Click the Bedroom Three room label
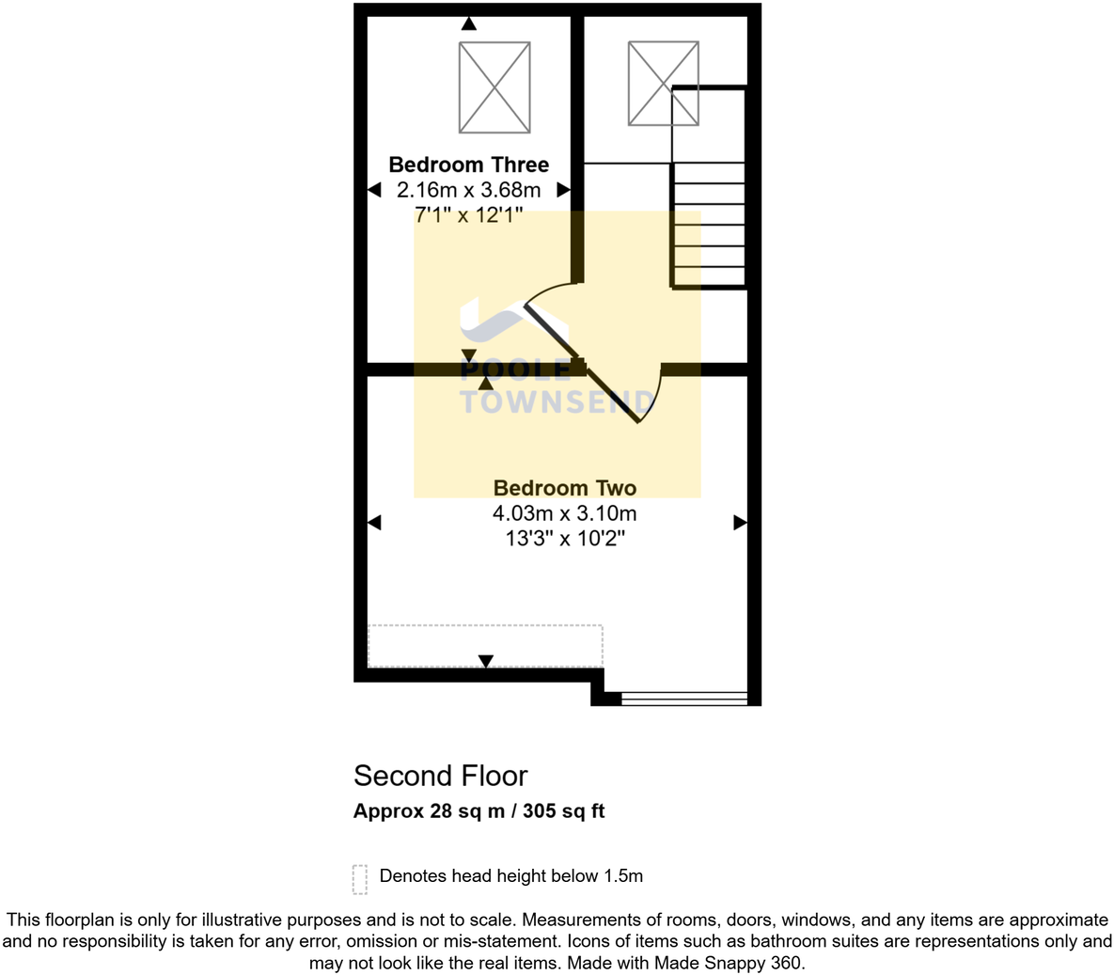(468, 165)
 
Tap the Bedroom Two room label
(564, 488)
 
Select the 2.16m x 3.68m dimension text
(468, 190)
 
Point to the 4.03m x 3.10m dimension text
(564, 513)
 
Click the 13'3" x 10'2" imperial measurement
(564, 539)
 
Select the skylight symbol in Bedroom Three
(494, 87)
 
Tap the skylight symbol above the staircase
(663, 83)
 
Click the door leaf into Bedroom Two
(611, 395)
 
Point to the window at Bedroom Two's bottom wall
(683, 698)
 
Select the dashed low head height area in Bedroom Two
(484, 644)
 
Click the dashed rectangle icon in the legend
(360, 879)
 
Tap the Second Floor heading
(440, 776)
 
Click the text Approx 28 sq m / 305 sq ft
(479, 810)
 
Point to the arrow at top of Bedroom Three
(468, 24)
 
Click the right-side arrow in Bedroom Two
(740, 522)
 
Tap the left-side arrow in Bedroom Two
(374, 522)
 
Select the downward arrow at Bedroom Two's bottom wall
(485, 662)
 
